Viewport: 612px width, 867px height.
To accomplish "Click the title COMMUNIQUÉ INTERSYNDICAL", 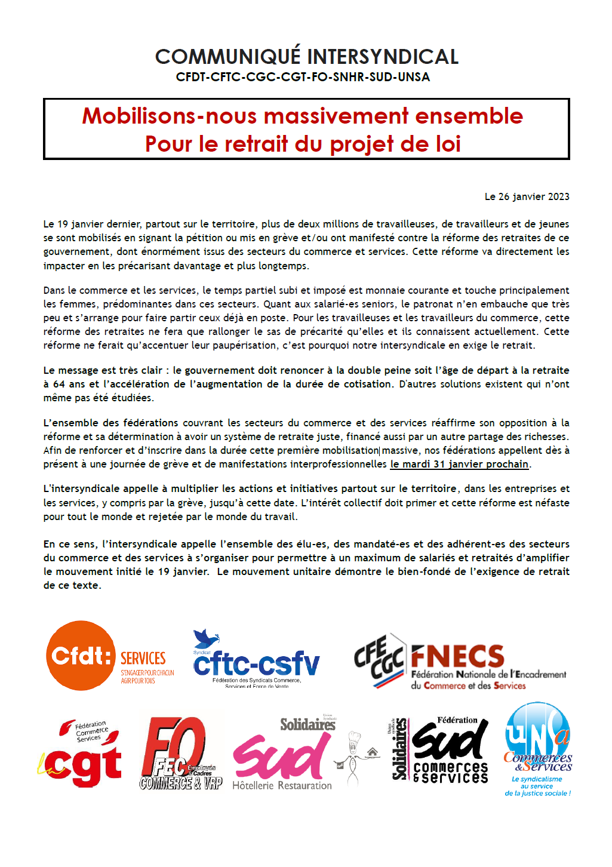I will [x=306, y=57].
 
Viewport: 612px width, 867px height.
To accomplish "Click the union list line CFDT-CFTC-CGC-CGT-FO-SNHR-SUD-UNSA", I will [x=303, y=77].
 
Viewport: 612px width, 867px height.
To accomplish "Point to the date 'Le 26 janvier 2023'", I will [x=527, y=196].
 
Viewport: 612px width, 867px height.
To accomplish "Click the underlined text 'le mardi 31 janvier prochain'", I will [x=459, y=464].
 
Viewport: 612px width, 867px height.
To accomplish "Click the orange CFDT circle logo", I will [x=81, y=656].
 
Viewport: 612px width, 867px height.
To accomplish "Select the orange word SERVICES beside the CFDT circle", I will [x=143, y=658].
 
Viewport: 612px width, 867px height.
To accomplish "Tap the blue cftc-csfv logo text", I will [x=256, y=664].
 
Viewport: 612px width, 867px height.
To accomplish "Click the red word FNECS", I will [x=457, y=656].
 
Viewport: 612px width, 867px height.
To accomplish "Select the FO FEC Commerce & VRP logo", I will [x=180, y=754].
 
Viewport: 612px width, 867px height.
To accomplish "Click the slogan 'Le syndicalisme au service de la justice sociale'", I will [x=537, y=786].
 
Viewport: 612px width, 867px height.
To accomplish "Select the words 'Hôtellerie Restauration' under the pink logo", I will [x=282, y=786].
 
